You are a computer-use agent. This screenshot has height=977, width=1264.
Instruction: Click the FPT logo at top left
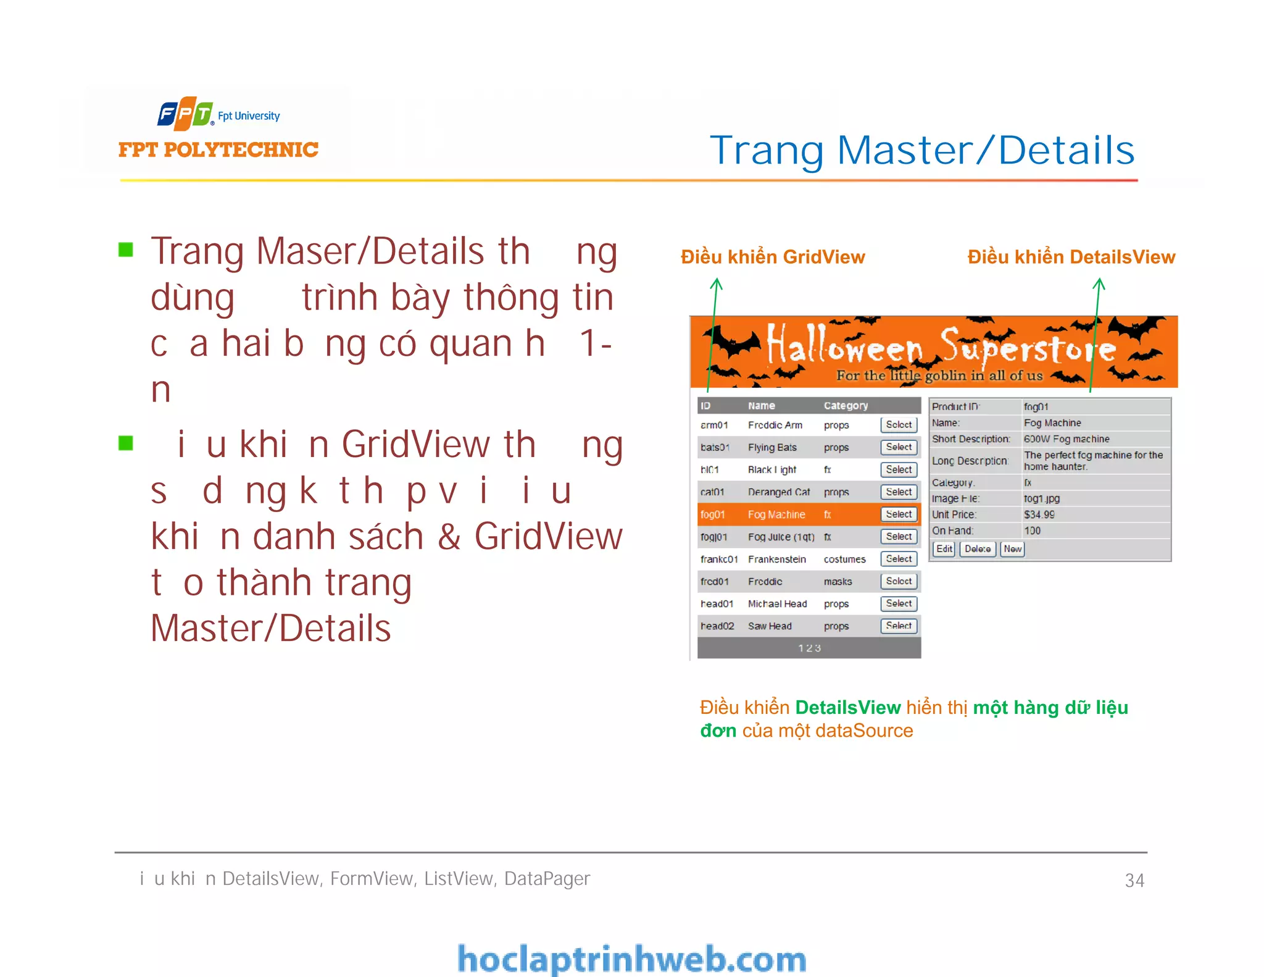185,114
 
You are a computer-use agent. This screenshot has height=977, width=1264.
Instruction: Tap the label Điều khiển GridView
773,257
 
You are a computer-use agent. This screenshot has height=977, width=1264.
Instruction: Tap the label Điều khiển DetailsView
1071,257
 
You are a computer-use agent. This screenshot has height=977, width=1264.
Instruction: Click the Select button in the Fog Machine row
899,514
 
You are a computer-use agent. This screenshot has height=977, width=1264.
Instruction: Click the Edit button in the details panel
944,549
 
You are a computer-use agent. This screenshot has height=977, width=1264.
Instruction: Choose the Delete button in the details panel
978,549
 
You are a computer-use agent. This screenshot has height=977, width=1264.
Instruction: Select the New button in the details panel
1012,549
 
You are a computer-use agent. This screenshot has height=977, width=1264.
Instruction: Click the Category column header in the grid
846,406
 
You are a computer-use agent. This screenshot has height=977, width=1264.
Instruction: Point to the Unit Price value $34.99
1039,514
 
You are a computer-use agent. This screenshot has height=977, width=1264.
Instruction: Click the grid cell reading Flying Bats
772,447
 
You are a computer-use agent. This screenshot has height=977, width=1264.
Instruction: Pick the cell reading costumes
844,559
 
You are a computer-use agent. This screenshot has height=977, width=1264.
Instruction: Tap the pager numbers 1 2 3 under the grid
809,648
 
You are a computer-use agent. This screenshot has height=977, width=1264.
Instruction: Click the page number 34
1134,880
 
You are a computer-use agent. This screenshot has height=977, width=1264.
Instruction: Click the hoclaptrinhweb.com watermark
631,959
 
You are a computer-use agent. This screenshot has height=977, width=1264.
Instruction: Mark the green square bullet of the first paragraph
126,250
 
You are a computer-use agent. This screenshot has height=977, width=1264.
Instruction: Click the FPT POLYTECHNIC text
218,150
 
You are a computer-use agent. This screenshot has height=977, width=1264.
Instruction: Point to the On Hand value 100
1032,530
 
